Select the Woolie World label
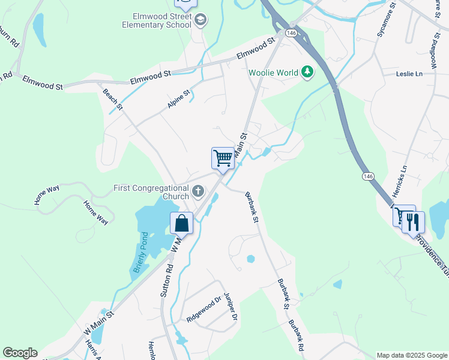coord(274,73)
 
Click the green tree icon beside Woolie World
coord(307,73)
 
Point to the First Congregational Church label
coord(151,192)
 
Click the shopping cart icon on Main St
coord(223,158)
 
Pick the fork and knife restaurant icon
coord(414,222)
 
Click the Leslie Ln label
coord(409,74)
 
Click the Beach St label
coord(112,100)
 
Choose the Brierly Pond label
coord(140,253)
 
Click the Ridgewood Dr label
coord(203,308)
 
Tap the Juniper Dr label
coord(231,306)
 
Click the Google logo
coord(20,353)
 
